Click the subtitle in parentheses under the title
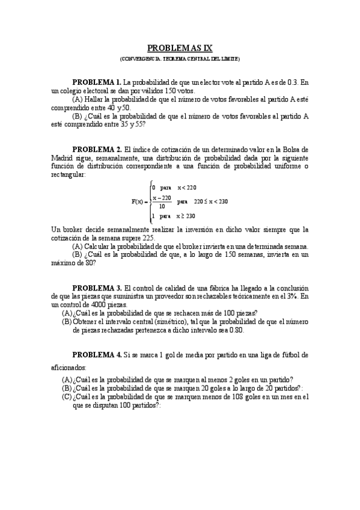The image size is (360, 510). [180, 60]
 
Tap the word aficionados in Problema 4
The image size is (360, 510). [69, 366]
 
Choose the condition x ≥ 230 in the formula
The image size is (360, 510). [191, 215]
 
